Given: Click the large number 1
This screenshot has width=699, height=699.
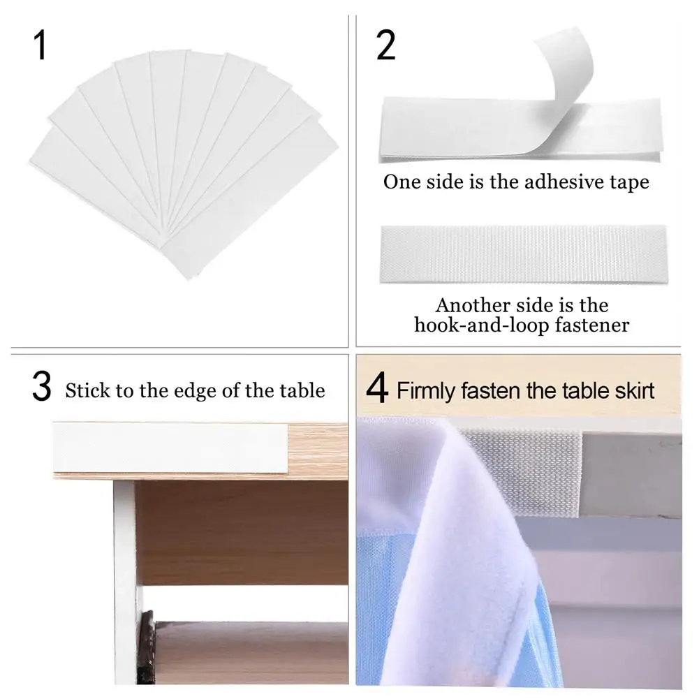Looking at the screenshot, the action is click(41, 45).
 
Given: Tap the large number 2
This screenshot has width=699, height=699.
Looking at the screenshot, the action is click(385, 45).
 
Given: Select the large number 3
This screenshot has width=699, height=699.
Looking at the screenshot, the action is click(41, 386).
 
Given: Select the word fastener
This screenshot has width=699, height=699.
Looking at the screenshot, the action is click(592, 325).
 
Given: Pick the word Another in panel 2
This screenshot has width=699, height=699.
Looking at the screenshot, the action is click(473, 305).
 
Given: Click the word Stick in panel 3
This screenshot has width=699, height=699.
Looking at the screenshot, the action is click(87, 390).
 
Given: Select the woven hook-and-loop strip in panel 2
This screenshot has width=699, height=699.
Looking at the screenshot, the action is click(524, 254).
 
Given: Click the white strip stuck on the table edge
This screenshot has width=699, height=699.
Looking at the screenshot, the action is click(171, 448).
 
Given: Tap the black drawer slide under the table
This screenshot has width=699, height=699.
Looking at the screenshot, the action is click(145, 647).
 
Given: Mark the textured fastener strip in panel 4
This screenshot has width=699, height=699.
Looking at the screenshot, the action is click(522, 473).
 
